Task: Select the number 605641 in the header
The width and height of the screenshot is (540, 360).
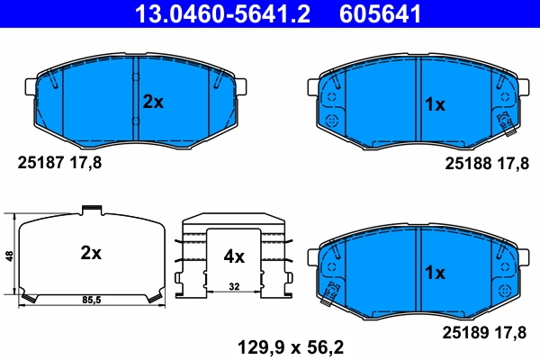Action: (378, 13)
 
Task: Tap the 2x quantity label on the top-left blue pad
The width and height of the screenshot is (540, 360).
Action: (153, 103)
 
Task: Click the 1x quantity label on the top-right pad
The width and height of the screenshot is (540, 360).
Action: (435, 105)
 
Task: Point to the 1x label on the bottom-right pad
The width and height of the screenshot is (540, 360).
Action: (435, 271)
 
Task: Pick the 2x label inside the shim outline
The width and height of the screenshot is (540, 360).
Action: (90, 254)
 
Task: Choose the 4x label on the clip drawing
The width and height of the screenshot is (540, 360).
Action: (233, 256)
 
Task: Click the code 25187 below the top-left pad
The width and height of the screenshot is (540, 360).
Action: (39, 163)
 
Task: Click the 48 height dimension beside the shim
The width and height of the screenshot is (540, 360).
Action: (10, 256)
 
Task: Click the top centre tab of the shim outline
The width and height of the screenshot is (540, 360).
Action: (90, 211)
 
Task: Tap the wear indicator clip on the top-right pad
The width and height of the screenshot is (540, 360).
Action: (503, 120)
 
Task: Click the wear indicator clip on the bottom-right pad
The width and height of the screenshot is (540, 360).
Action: (332, 289)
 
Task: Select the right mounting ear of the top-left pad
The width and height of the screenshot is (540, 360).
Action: (242, 86)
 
